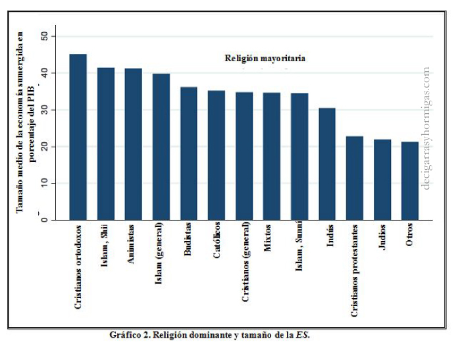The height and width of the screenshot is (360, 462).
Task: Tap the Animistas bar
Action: pos(134,144)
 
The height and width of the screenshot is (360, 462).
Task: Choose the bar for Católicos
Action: pos(217,155)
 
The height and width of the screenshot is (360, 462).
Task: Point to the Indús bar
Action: pos(327,164)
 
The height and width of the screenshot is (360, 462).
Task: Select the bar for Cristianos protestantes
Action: pos(355,178)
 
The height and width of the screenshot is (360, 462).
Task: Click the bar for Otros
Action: pos(410,181)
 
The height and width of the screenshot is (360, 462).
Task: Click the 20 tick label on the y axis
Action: pos(44,146)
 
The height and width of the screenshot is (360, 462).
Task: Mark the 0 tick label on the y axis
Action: pos(44,220)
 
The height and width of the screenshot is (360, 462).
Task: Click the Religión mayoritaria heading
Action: pos(265,58)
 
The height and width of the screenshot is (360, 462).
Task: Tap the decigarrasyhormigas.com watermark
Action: pos(428,128)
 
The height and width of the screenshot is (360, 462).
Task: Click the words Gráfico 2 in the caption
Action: pos(129,335)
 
